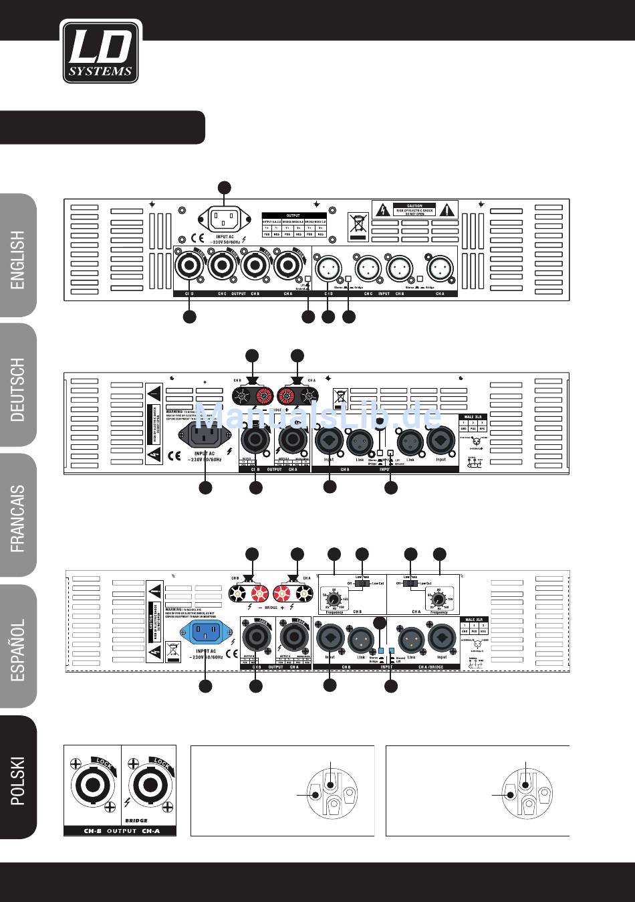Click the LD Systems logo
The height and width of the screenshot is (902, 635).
pos(101,52)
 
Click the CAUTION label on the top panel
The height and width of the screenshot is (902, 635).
pos(414,210)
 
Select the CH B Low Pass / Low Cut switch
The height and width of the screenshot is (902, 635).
pos(362,583)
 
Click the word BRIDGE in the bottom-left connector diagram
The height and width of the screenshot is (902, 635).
pos(136,820)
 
